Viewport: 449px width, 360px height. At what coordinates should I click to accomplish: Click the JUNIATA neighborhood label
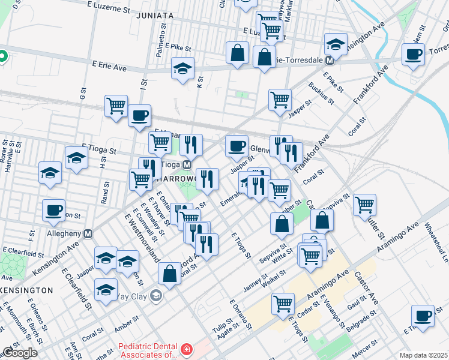point(157,16)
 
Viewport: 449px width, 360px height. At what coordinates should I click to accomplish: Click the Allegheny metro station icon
point(89,233)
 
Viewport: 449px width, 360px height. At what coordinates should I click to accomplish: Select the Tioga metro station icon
point(187,164)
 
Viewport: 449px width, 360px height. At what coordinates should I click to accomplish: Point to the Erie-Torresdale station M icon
point(330,60)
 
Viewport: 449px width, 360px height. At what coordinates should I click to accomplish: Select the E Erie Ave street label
point(109,67)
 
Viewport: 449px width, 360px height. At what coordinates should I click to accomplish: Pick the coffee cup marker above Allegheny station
point(53,209)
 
